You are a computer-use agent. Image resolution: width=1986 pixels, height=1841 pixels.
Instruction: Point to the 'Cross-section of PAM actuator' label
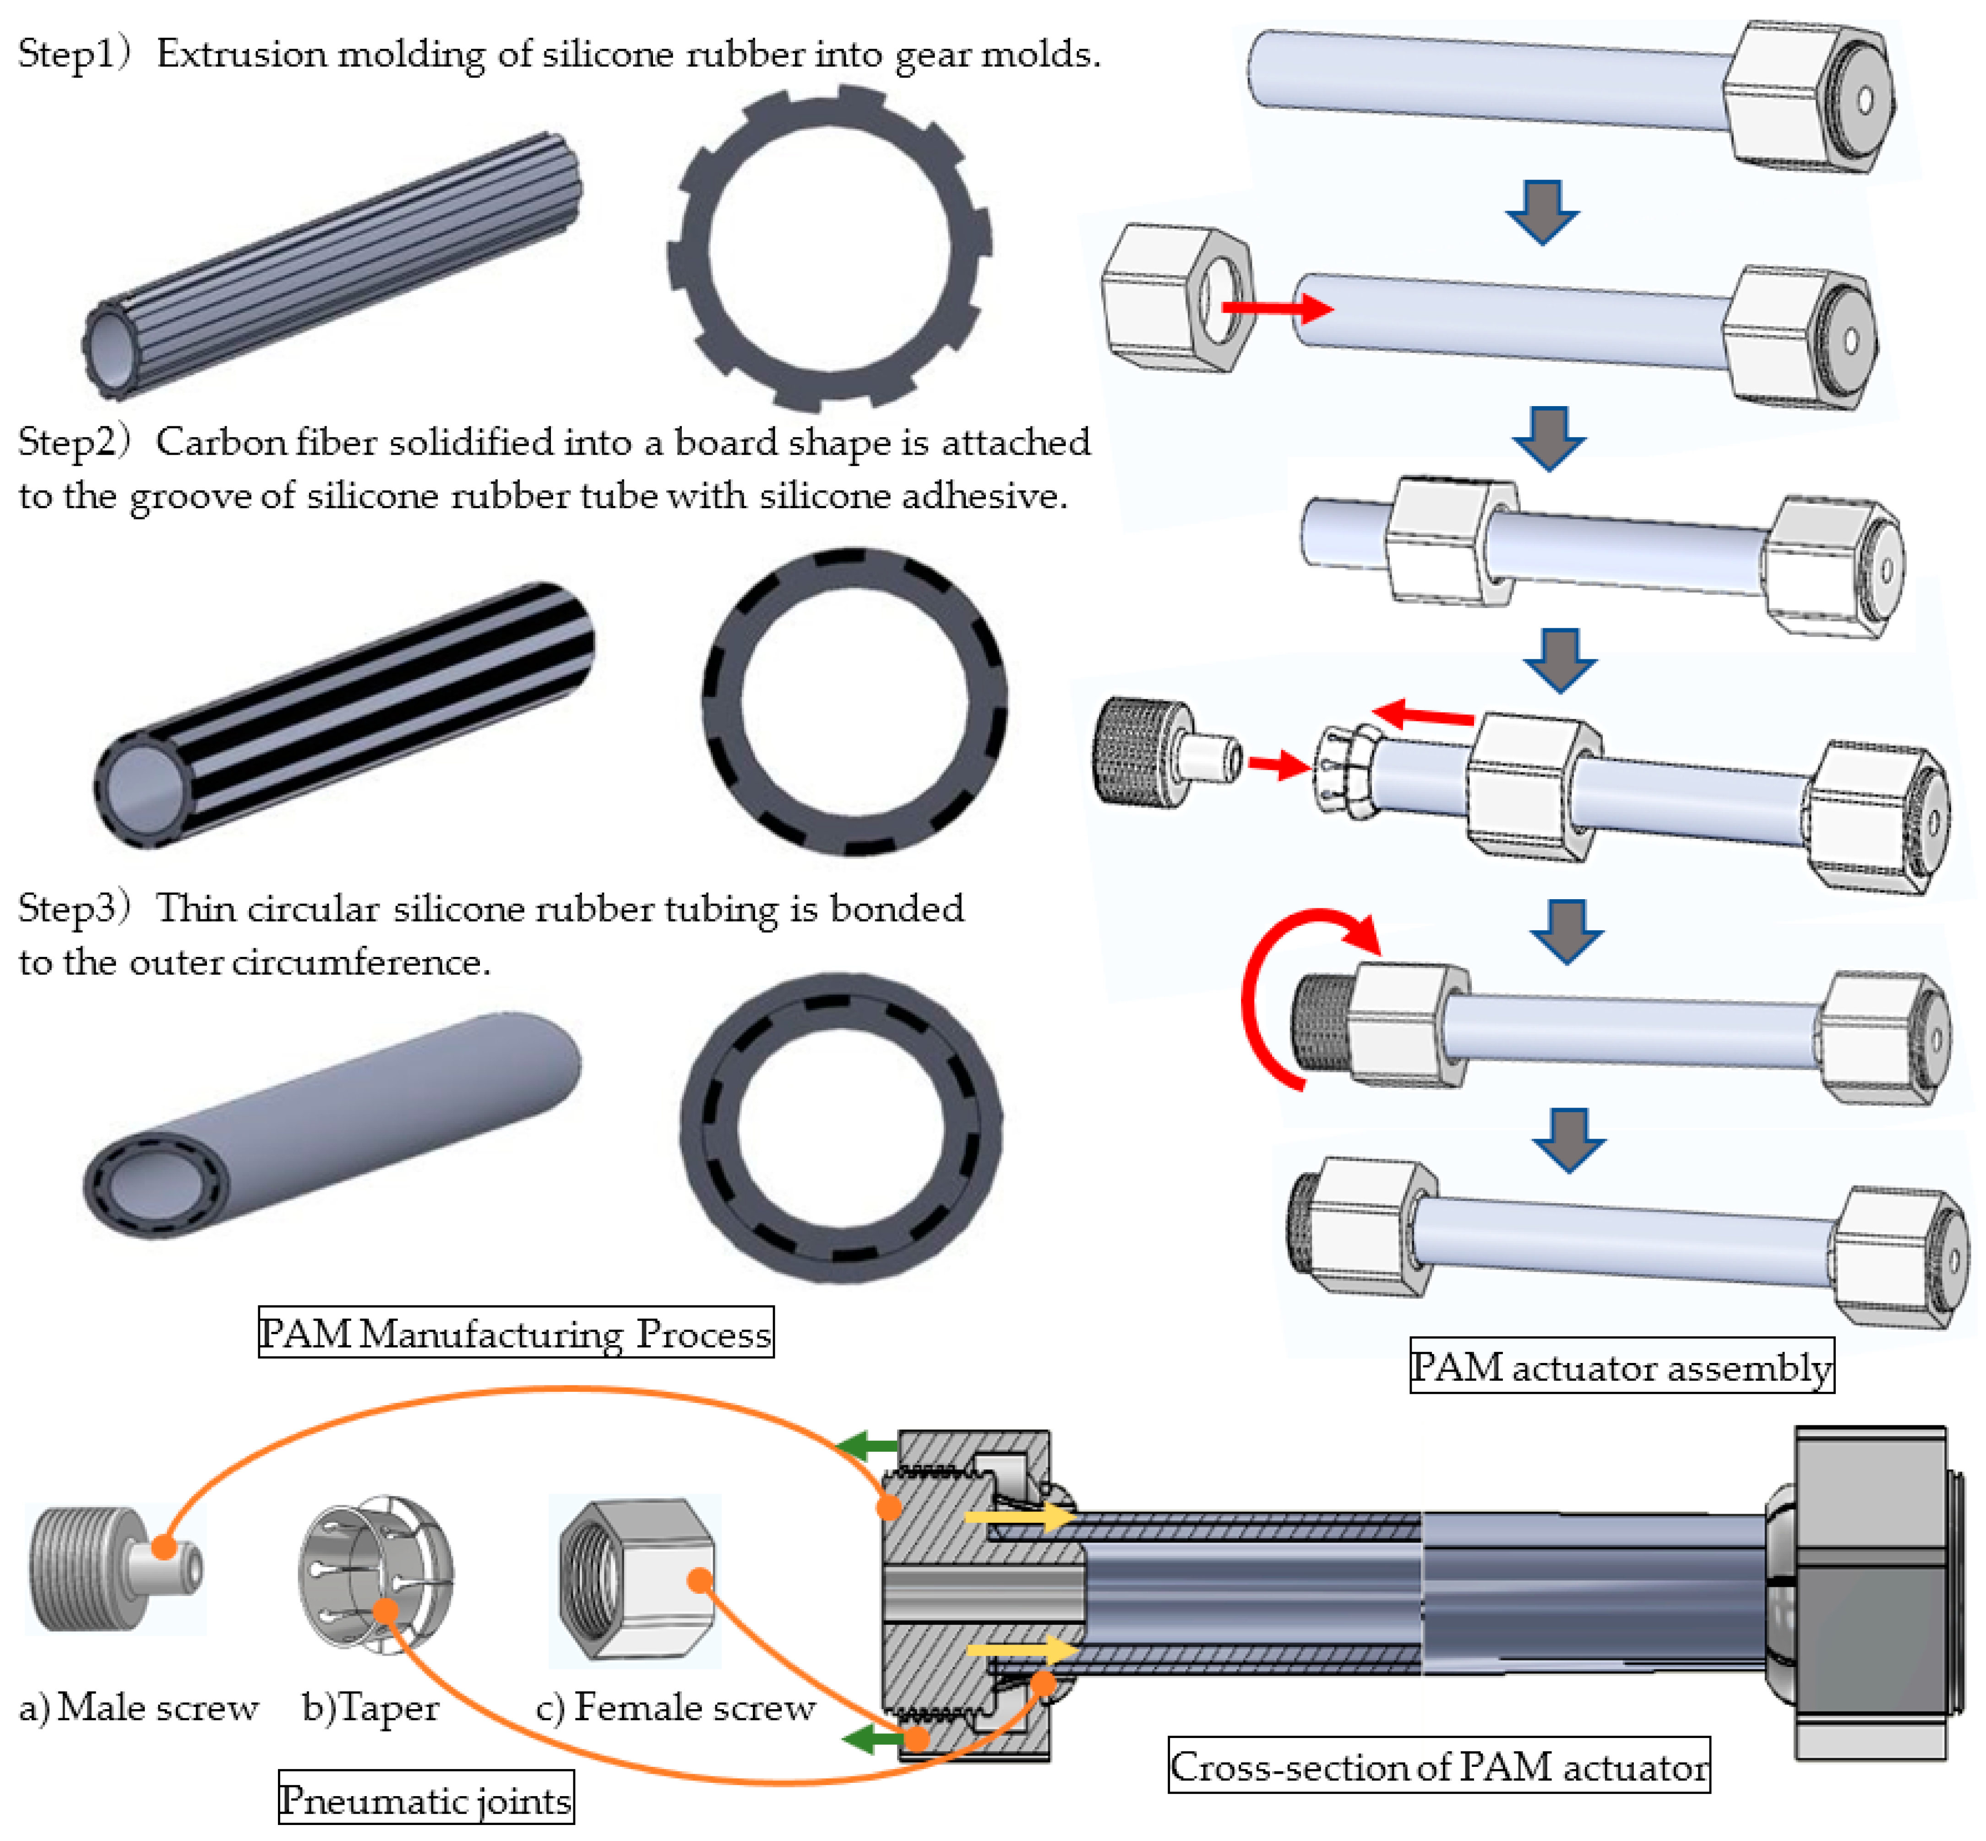1438,1766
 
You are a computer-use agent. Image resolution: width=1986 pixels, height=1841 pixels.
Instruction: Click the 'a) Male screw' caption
138,1707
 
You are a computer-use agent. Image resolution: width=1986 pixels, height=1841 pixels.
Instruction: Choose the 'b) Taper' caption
370,1707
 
